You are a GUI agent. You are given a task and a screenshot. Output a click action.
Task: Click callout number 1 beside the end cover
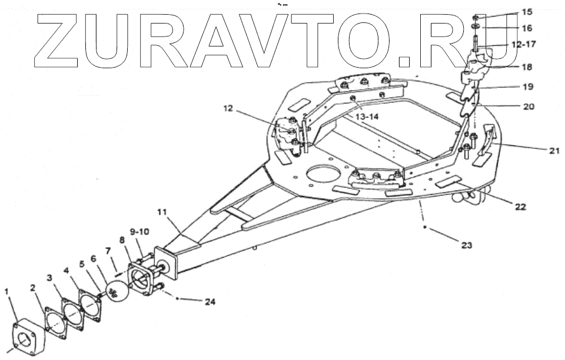[x=7, y=291]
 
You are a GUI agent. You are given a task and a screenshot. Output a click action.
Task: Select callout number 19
[x=527, y=87]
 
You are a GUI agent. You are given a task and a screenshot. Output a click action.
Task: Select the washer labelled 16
[x=474, y=27]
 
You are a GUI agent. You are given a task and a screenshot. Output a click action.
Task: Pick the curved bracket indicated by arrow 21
[x=486, y=141]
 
